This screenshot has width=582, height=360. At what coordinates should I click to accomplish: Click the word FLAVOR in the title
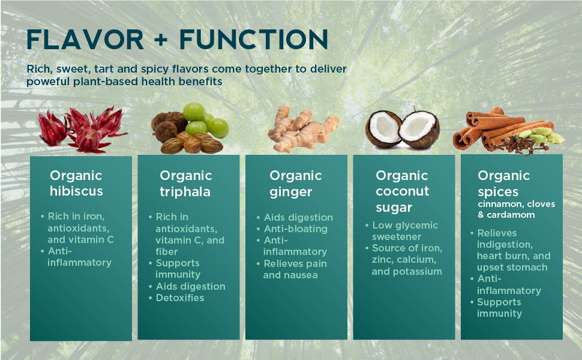tap(85, 40)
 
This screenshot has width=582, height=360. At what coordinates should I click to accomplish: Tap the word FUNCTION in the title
tap(254, 40)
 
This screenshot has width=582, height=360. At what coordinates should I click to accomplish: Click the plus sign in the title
tap(161, 40)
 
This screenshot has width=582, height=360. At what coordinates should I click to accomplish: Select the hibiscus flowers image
tap(82, 129)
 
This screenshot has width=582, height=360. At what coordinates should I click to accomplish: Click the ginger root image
tap(302, 128)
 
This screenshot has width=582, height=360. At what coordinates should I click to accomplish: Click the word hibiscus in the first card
tap(76, 191)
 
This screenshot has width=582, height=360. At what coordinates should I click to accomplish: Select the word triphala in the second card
tap(185, 192)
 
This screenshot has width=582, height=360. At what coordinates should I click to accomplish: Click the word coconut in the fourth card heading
tap(403, 191)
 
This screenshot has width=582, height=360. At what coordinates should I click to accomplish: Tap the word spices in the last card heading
tap(498, 192)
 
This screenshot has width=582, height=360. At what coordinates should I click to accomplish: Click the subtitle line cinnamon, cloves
tap(517, 204)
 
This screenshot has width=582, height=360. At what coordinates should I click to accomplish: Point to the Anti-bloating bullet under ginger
tap(292, 229)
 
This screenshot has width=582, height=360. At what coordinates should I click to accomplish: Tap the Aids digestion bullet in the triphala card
tap(187, 287)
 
